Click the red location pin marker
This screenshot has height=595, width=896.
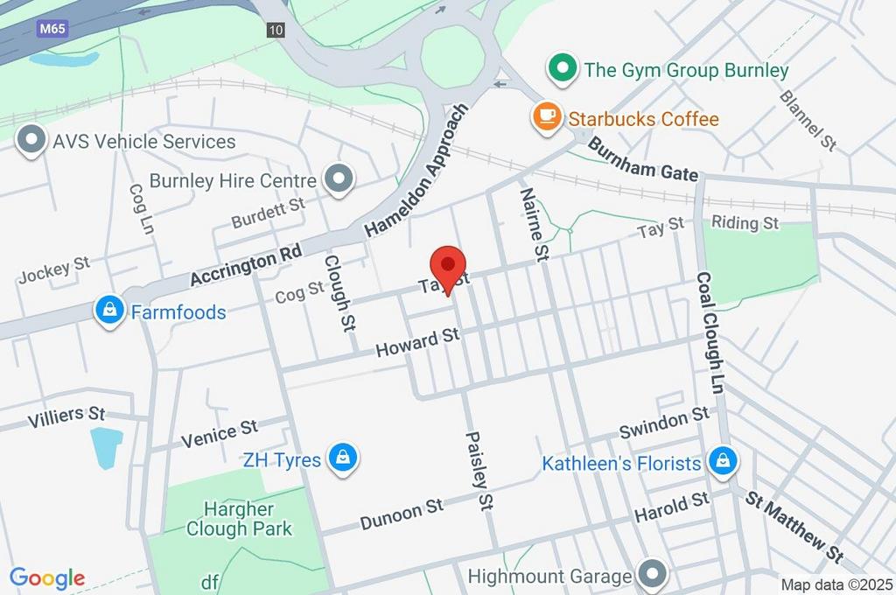coord(448,265)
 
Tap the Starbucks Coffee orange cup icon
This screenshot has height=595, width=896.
coord(548,116)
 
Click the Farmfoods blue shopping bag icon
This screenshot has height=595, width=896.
coord(110,311)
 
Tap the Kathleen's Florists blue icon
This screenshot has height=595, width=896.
coord(722,462)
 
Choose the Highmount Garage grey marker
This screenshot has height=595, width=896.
coord(652,575)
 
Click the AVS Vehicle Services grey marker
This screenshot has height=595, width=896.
coord(32,140)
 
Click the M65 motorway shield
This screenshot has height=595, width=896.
coord(52,29)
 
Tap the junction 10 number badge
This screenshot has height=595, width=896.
coord(276,29)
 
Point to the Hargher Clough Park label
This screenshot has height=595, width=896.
coord(239,519)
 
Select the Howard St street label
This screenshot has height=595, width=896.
coord(417,341)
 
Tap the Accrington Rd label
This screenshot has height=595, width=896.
coord(246,263)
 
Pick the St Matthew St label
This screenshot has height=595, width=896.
coord(794,527)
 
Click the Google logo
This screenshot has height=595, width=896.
coord(46,577)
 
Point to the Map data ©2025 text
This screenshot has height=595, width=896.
coord(836,584)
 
